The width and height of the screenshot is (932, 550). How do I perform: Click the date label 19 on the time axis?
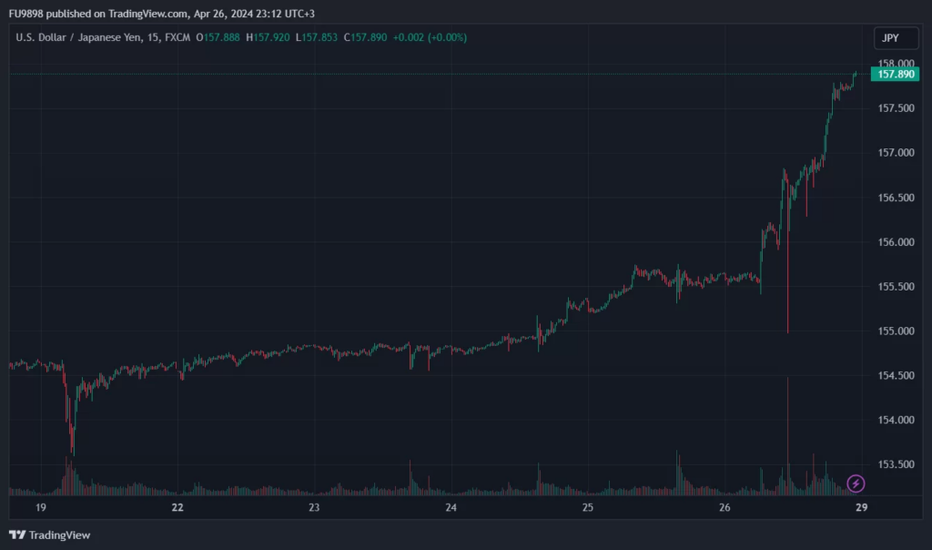(x=40, y=507)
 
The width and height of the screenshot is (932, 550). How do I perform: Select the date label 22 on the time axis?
(x=177, y=507)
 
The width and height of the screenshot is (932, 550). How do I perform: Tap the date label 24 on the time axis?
(x=451, y=507)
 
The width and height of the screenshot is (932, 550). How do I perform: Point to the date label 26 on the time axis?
(x=724, y=507)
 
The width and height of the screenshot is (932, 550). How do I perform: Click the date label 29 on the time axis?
(x=861, y=507)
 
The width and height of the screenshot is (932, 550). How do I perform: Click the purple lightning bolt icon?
(x=856, y=483)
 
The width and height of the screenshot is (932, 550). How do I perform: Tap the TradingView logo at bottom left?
(x=50, y=535)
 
